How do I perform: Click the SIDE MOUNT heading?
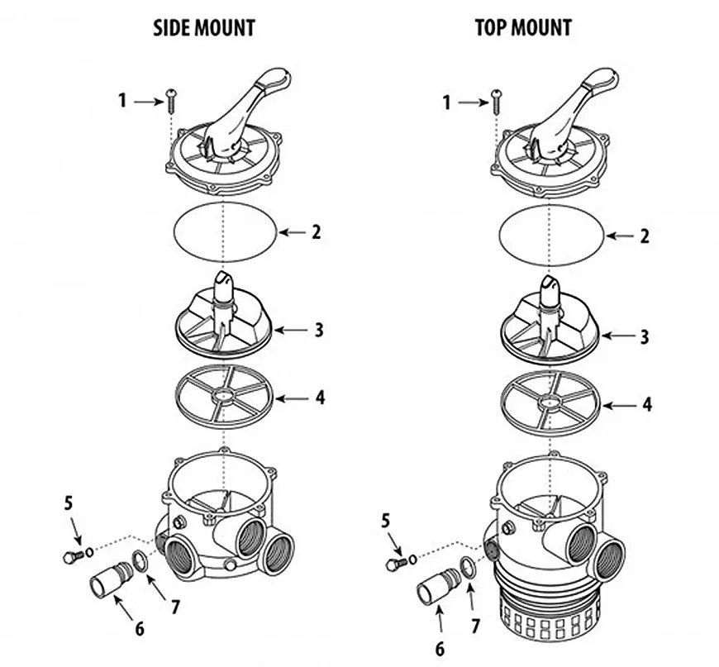tap(204, 27)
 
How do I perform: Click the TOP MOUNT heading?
tap(523, 27)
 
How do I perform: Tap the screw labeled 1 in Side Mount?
tap(171, 102)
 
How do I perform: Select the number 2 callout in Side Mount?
tap(315, 232)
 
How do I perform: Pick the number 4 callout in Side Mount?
tap(320, 398)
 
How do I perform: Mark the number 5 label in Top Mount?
tap(384, 521)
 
